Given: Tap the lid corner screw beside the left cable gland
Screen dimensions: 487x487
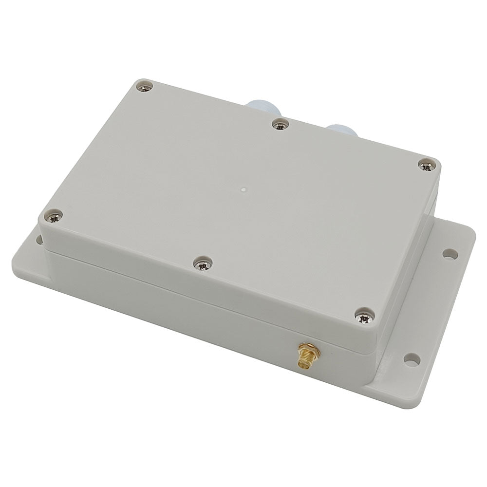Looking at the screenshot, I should coord(145,87).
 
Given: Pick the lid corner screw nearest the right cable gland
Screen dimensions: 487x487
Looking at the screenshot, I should coord(427,166).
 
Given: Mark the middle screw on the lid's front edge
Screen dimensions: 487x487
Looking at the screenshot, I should coord(201,263).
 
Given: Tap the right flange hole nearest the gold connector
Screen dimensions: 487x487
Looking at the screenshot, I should coord(412,359).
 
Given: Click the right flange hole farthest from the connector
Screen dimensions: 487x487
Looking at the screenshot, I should coord(450,253).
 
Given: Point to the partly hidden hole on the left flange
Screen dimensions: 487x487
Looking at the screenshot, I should coord(37,239).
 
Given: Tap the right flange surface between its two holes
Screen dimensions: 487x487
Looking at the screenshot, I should coord(431,307).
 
